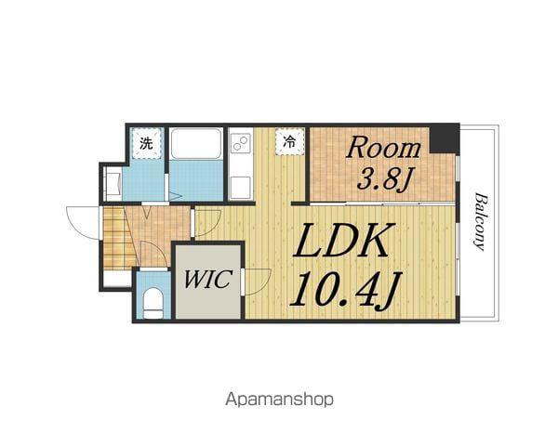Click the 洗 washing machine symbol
point(146,143)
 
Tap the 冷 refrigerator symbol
point(290,142)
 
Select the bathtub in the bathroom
point(195,144)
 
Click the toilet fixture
point(153,303)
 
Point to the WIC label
point(207,280)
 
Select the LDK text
point(340,241)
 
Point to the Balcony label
point(480,222)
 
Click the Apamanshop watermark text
point(279,400)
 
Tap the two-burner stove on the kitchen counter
point(240,144)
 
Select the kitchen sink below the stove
point(240,188)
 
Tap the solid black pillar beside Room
point(445,139)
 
